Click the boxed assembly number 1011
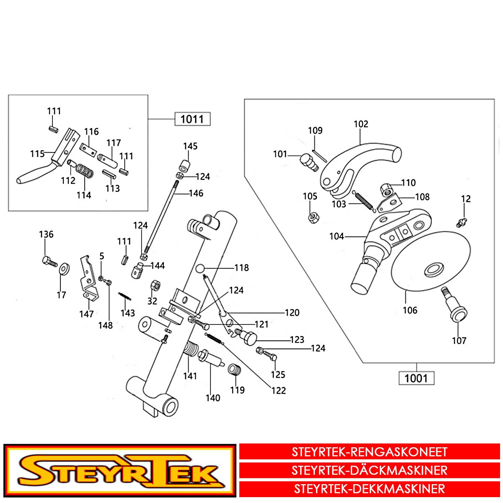click(x=192, y=119)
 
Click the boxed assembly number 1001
click(x=416, y=379)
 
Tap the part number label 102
click(x=361, y=124)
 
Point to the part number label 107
click(x=459, y=341)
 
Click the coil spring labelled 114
click(x=85, y=172)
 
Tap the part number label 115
click(x=37, y=154)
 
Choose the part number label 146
click(x=196, y=193)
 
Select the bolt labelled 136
click(x=49, y=262)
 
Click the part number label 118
click(x=241, y=268)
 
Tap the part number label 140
click(x=213, y=398)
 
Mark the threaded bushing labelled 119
click(x=234, y=371)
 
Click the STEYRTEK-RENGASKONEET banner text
click(x=369, y=452)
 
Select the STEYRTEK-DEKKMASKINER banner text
click(x=369, y=489)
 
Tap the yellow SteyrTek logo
click(x=119, y=471)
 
